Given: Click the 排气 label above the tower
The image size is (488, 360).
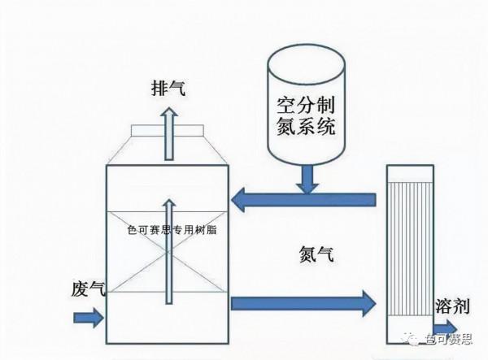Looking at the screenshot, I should (167, 89).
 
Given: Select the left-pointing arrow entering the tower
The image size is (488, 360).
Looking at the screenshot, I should (301, 198).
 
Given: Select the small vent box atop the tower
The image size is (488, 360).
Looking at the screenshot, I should (167, 130).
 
